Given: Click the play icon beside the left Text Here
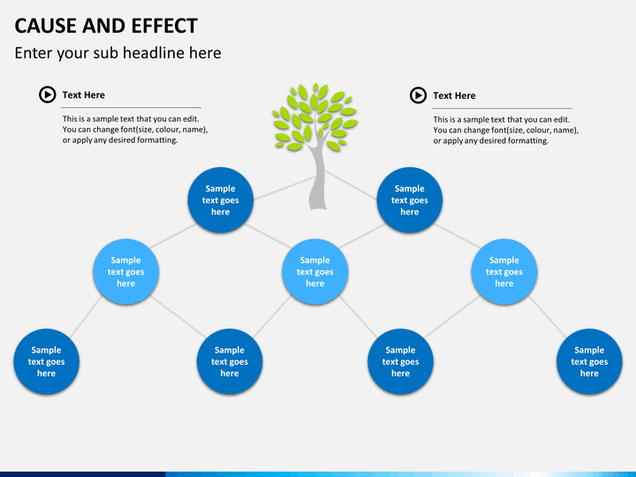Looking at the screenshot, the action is pos(48,95).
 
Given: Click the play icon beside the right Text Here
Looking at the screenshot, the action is pos(418,95).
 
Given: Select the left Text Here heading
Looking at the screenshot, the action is pos(84,95).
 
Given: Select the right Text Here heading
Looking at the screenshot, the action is pos(454,95).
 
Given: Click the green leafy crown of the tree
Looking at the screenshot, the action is pos(314,117).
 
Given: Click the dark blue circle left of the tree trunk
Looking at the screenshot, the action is pos(221,200).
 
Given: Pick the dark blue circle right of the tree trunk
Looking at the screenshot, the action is pos(410,200).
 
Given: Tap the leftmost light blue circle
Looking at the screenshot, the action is pos(125,272).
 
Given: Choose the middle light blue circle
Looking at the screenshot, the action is pos(315,272).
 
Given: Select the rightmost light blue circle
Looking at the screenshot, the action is pos(504,272).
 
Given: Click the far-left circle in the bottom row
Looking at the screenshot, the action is pos(46,361).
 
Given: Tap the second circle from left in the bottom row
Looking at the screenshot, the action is pos(230,361).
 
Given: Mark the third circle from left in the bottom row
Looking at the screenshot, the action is pos(400,361).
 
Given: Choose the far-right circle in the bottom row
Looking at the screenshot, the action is pos(589,361).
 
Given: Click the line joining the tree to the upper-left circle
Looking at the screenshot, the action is pos(284,188).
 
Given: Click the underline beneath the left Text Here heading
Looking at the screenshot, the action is pos(131,108).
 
